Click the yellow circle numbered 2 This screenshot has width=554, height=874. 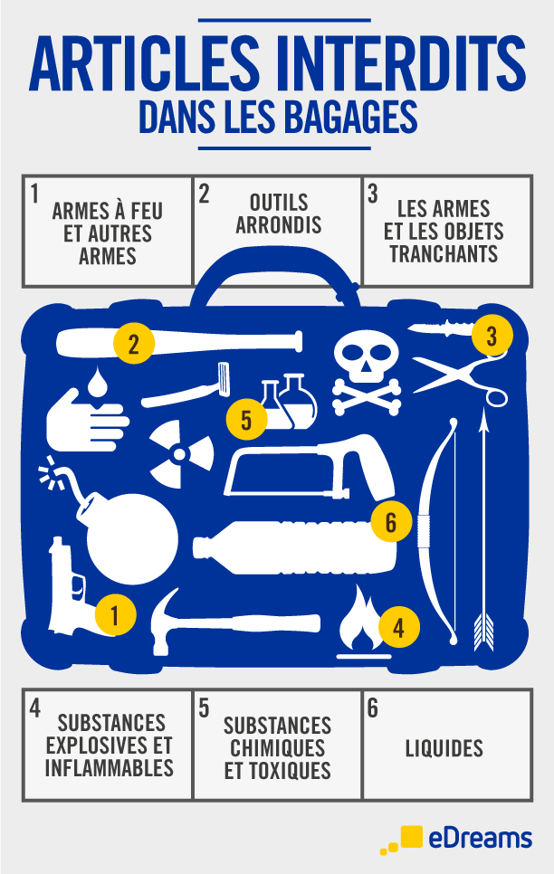coord(133,344)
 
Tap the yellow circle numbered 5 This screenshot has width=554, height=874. coord(246,419)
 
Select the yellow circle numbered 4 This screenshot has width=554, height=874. coord(398,628)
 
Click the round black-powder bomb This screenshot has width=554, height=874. coord(131,538)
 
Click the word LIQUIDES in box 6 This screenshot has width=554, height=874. coord(444,748)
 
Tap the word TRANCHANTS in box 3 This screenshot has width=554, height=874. coord(444,253)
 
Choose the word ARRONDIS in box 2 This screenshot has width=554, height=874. coord(279,224)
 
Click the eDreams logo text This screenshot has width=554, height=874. coord(481,839)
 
